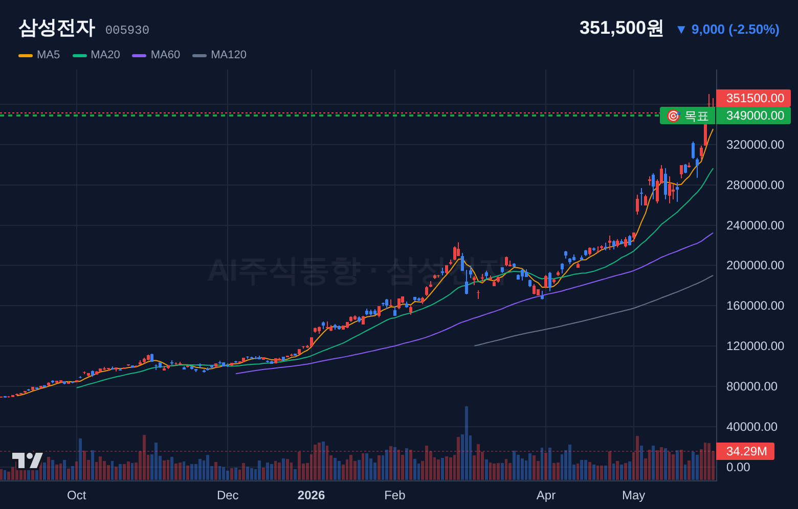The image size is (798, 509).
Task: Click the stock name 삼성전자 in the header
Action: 57,28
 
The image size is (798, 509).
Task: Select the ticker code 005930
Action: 127,30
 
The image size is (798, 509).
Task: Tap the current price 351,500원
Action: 622,28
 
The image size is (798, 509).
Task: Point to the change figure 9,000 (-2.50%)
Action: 735,30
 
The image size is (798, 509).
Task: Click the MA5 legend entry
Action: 39,55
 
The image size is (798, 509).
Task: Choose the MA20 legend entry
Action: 96,55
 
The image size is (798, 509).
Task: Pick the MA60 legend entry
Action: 156,55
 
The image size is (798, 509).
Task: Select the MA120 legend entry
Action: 219,55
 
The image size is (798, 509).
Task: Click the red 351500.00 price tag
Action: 753,98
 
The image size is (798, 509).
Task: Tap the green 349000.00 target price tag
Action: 753,115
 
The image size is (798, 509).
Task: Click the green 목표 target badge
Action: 688,115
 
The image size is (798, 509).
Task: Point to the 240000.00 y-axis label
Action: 755,225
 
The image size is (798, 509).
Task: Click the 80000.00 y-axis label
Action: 751,386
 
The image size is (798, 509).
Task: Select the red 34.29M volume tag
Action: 745,451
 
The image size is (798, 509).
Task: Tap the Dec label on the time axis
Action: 228,495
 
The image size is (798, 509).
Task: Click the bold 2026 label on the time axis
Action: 311,495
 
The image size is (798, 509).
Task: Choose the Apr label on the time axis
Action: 546,495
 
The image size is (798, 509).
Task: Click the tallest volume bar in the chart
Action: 467,443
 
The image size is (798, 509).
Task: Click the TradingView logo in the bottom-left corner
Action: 28,460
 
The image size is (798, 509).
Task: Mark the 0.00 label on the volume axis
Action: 738,467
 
